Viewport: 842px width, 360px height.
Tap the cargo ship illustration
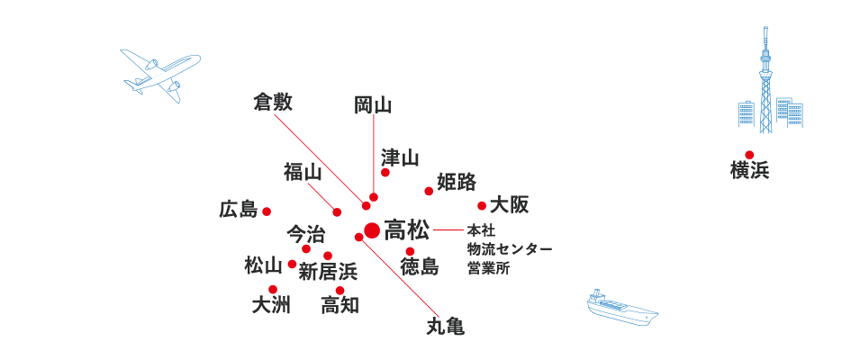click(621, 309)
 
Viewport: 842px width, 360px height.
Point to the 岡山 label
click(373, 104)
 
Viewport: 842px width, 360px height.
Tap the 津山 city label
click(400, 158)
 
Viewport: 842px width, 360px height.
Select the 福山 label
click(303, 171)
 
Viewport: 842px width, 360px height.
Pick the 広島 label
click(239, 210)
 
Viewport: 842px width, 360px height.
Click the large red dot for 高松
click(373, 230)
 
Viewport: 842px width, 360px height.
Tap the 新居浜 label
click(328, 270)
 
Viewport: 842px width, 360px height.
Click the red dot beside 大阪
click(482, 206)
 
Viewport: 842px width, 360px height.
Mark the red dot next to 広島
click(267, 211)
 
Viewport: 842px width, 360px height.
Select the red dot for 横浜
click(749, 155)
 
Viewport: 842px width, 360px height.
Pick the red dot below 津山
click(385, 173)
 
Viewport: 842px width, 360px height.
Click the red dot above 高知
click(340, 290)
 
